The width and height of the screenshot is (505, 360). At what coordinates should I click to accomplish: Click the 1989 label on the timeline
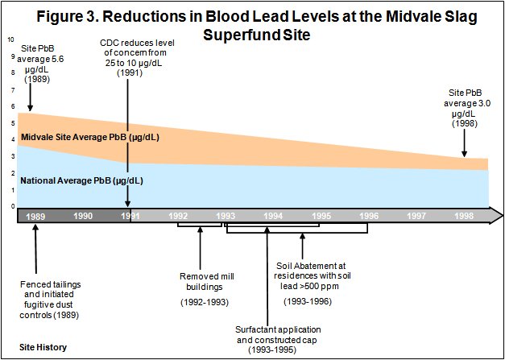tap(35, 217)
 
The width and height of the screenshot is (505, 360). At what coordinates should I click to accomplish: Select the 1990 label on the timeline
tap(84, 217)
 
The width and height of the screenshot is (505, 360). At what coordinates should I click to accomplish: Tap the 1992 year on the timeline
tap(179, 217)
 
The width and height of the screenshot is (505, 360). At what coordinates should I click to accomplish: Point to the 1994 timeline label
tap(273, 217)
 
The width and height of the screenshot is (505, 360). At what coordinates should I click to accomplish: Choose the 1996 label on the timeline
tap(367, 217)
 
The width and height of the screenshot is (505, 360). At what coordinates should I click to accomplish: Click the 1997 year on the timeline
tap(416, 217)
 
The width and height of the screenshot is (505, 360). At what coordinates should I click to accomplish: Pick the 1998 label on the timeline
tap(463, 217)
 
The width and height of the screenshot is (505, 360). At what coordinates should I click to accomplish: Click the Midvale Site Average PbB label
tap(90, 137)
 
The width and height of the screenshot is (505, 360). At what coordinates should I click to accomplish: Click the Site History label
tap(44, 347)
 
